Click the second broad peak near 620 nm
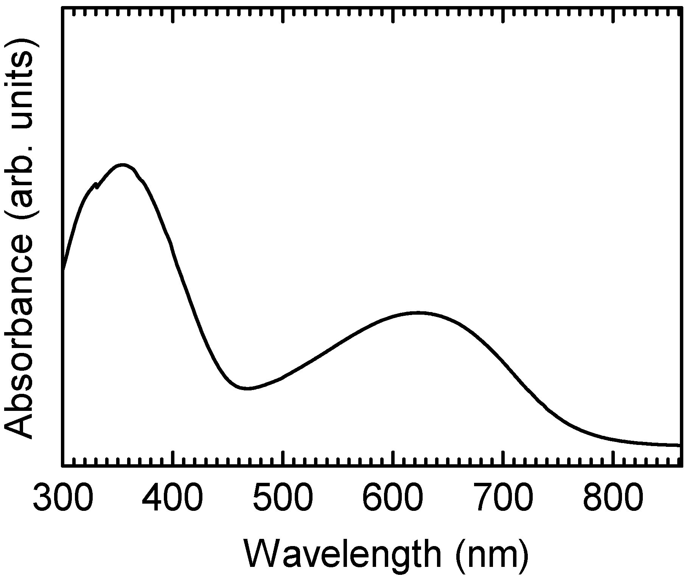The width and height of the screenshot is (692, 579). pyautogui.click(x=417, y=313)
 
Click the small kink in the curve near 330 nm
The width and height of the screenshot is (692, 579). pyautogui.click(x=96, y=186)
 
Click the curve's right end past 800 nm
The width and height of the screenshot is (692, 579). pyautogui.click(x=680, y=445)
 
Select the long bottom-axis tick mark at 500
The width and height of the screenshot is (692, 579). pyautogui.click(x=283, y=457)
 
